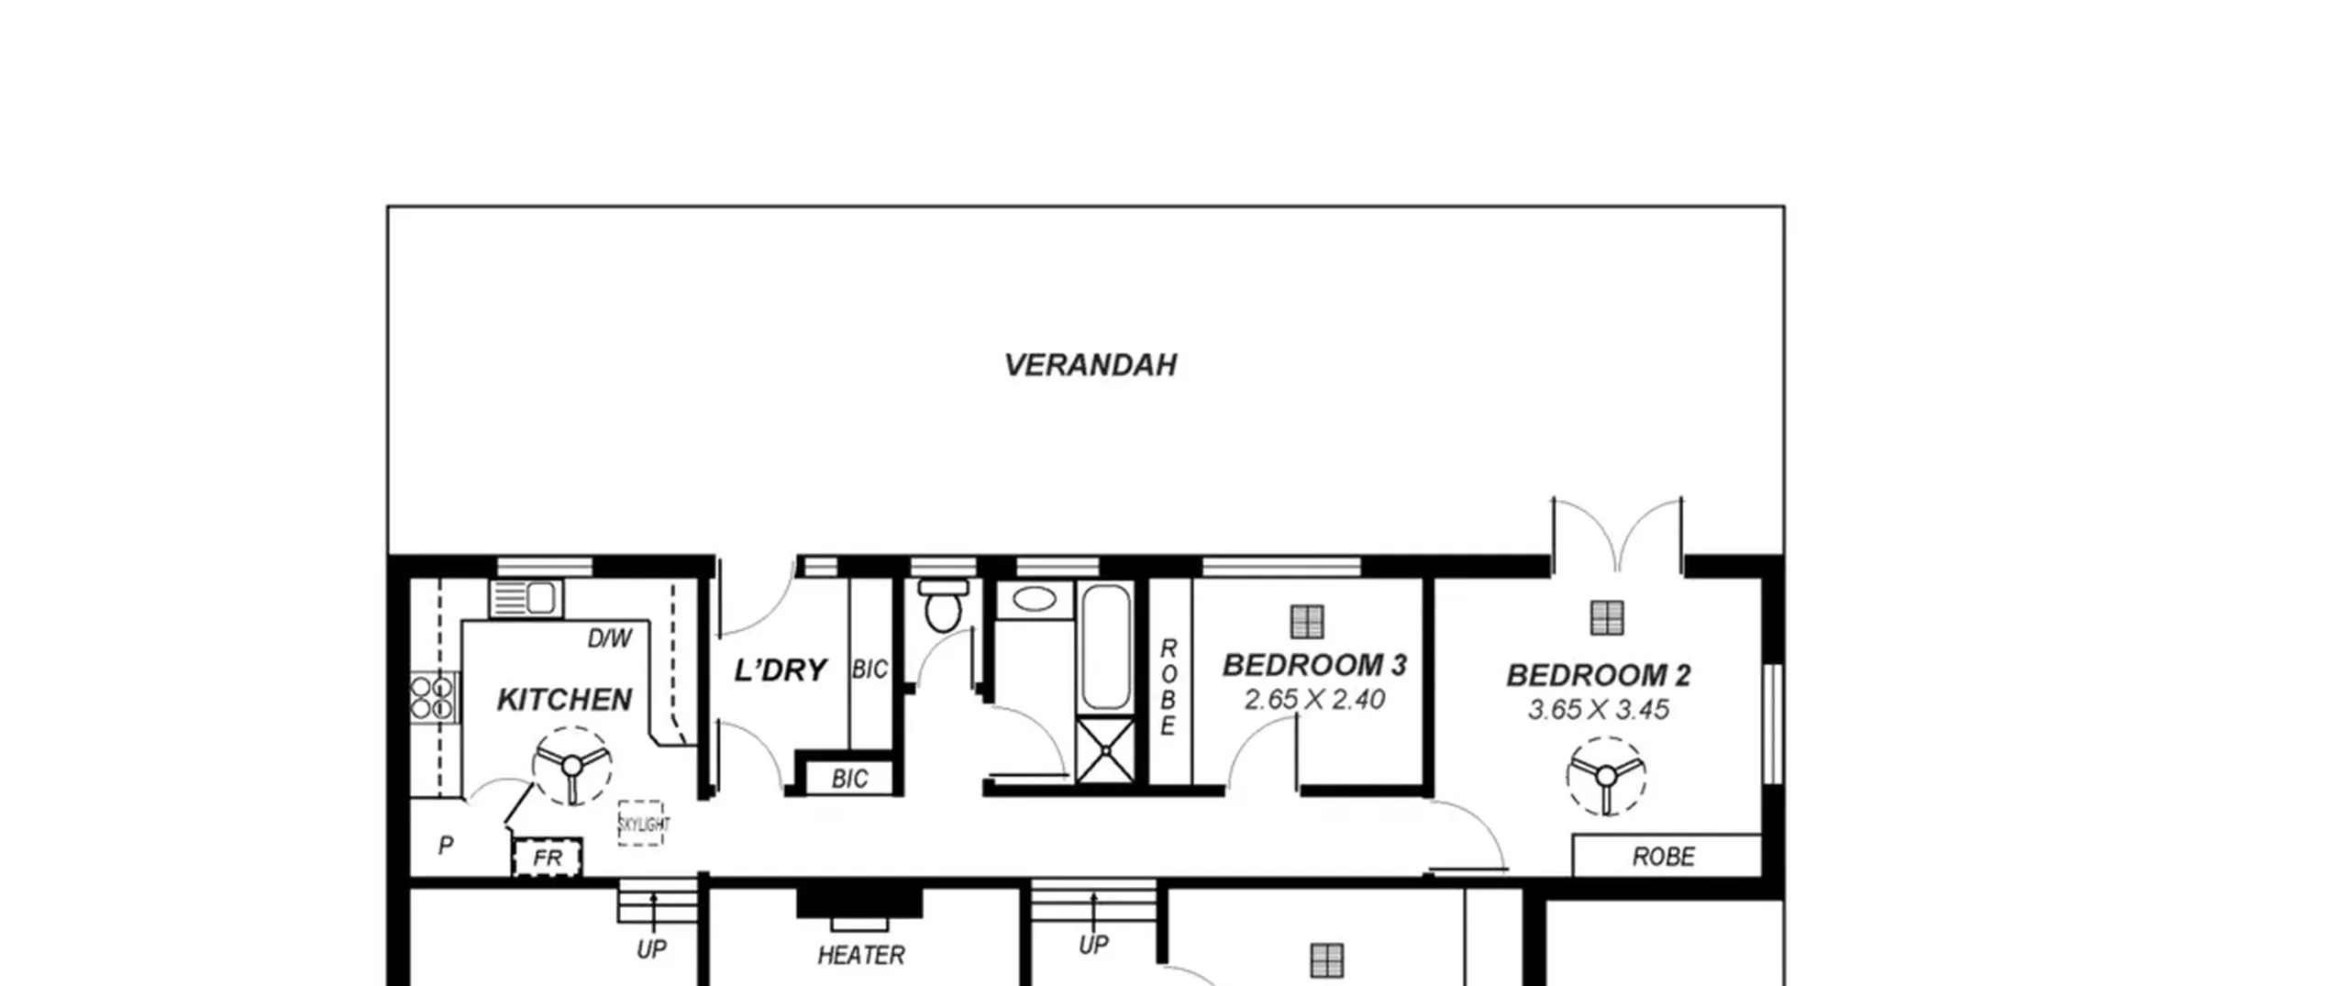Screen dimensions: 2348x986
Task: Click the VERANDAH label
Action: click(x=1090, y=365)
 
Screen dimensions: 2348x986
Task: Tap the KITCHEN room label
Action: click(x=564, y=700)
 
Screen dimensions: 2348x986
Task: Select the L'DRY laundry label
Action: click(x=781, y=670)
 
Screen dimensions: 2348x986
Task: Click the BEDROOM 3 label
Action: click(x=1314, y=665)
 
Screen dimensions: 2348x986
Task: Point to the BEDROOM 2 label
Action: click(x=1598, y=675)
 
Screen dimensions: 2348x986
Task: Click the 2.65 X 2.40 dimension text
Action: click(x=1314, y=700)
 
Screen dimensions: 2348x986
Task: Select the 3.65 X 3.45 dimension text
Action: click(x=1598, y=710)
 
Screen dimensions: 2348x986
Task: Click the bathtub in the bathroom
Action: click(x=1106, y=648)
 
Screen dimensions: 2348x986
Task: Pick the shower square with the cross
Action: click(x=1106, y=751)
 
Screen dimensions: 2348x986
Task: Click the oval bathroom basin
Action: click(x=1034, y=599)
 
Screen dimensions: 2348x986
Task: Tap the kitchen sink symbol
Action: click(x=526, y=599)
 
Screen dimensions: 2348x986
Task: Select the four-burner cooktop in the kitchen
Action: click(x=432, y=697)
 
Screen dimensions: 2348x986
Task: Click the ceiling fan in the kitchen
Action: click(x=571, y=766)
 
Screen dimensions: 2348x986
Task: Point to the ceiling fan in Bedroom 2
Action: click(x=1606, y=776)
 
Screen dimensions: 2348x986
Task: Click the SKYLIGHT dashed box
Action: click(x=641, y=823)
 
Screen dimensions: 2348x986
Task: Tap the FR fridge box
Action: click(x=547, y=858)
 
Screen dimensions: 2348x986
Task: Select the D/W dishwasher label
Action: click(x=609, y=638)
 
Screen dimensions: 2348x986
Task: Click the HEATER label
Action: click(x=861, y=956)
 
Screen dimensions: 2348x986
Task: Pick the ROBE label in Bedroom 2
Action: click(x=1664, y=857)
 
